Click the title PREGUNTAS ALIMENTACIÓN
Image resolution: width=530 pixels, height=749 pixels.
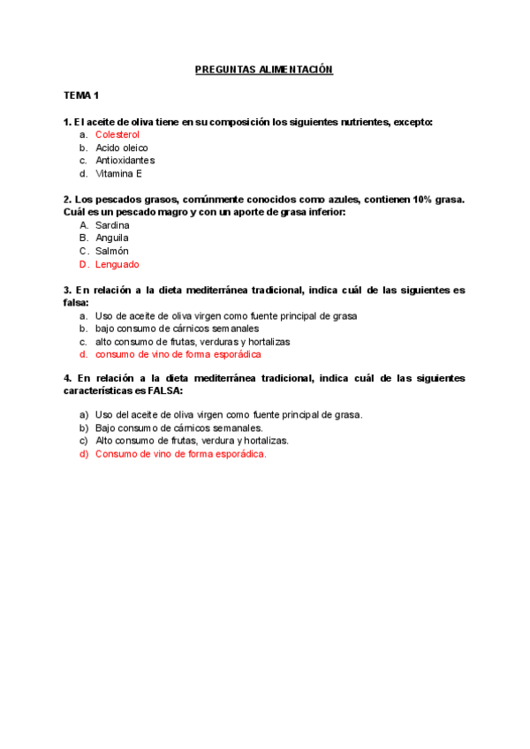[264, 69]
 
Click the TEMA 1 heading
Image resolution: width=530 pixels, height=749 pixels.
[81, 95]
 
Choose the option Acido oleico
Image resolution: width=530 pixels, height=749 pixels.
[122, 148]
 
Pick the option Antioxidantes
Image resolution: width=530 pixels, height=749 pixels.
[125, 161]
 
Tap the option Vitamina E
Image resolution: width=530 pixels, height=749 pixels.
[118, 174]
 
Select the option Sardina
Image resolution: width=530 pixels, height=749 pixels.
[112, 225]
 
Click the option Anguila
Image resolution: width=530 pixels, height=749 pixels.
[112, 238]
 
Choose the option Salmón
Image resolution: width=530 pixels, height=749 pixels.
[111, 251]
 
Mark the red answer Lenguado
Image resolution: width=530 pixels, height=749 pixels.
[117, 264]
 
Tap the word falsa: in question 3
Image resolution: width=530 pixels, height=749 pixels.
[76, 302]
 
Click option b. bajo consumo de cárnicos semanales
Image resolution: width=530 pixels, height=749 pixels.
[177, 329]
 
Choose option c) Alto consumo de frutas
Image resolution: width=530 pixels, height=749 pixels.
[191, 440]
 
